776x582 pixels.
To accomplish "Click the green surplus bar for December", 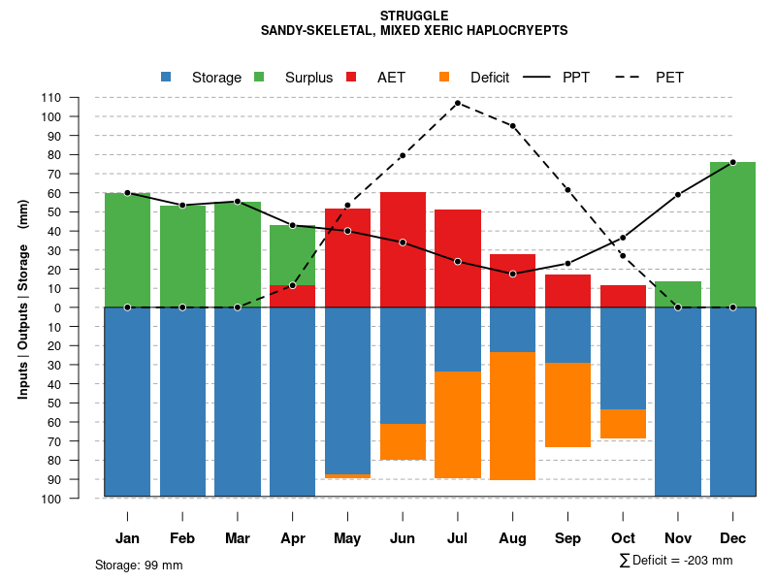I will point(732,235).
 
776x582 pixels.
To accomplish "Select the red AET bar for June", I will point(403,249).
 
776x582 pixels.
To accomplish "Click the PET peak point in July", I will point(457,103).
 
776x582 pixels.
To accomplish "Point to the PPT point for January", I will point(127,193).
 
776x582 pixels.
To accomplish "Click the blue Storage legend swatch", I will point(166,77).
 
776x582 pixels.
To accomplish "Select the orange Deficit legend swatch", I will point(444,77).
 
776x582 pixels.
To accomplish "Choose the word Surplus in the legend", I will point(308,78).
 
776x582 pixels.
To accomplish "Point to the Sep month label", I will point(568,538).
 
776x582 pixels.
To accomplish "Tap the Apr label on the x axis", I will point(293,538).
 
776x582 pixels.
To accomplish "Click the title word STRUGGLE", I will point(414,16).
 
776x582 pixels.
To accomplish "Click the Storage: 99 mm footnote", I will point(139,565).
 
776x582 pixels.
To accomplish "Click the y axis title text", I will point(23,300).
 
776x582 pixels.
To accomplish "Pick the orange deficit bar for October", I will point(623,424).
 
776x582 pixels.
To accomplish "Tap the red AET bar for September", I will point(567,291).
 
